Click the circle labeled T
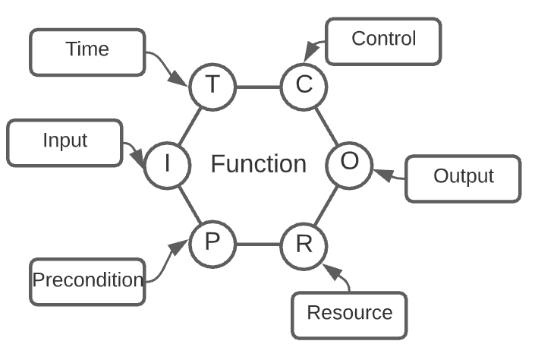(x=213, y=85)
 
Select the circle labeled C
(x=304, y=85)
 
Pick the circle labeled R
(x=304, y=245)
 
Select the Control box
(x=383, y=39)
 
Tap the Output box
(x=463, y=178)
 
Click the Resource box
(x=350, y=313)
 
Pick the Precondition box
(x=87, y=280)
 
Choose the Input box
(x=65, y=142)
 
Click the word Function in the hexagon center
(x=258, y=164)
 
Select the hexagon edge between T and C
(x=258, y=86)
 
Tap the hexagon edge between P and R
(x=258, y=245)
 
